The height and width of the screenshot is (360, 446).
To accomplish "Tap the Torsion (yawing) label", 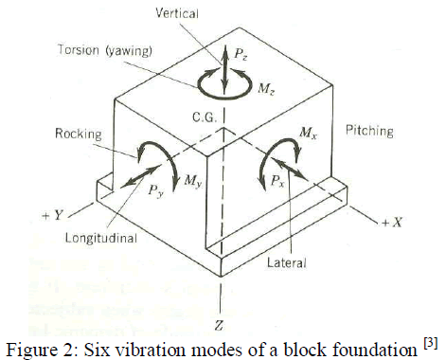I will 122,48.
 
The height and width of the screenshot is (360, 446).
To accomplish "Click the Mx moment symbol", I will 308,134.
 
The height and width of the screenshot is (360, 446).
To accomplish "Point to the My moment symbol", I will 193,180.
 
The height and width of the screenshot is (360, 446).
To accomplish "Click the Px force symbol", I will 280,179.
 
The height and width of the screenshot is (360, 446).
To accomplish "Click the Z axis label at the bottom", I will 222,326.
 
